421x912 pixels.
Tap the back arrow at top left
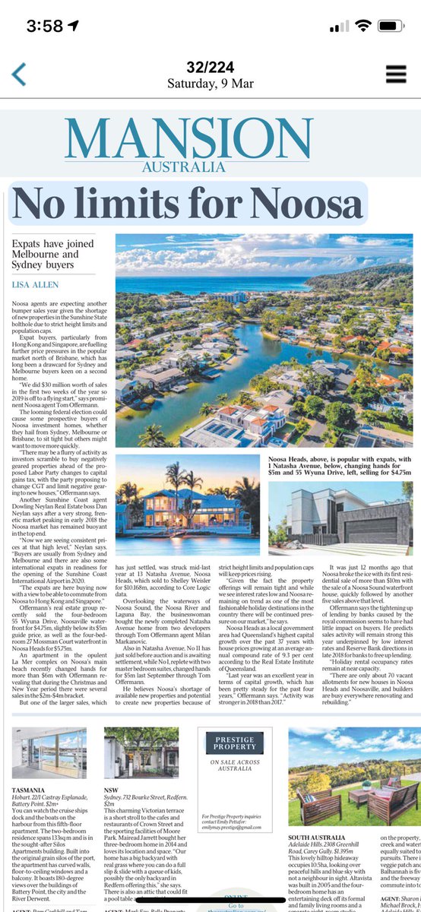tap(18, 74)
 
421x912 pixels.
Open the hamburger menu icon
tap(396, 73)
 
